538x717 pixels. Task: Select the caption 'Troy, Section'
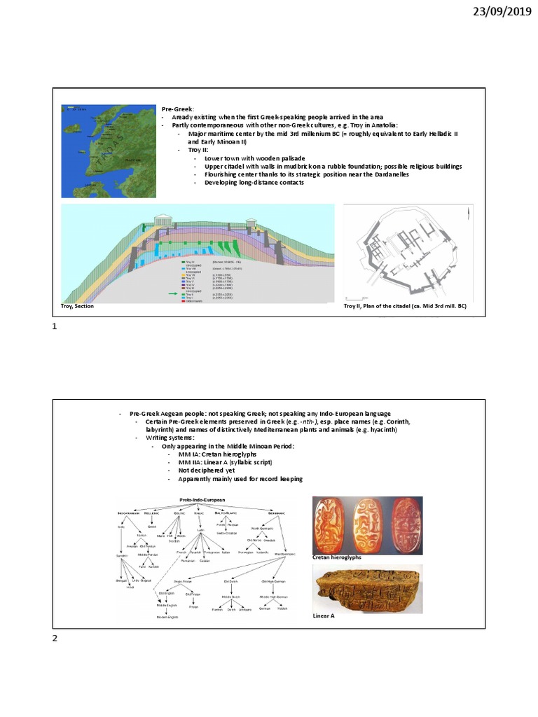click(x=77, y=307)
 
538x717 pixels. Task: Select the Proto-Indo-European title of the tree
click(x=203, y=500)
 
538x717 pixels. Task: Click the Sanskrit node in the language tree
click(x=122, y=555)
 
